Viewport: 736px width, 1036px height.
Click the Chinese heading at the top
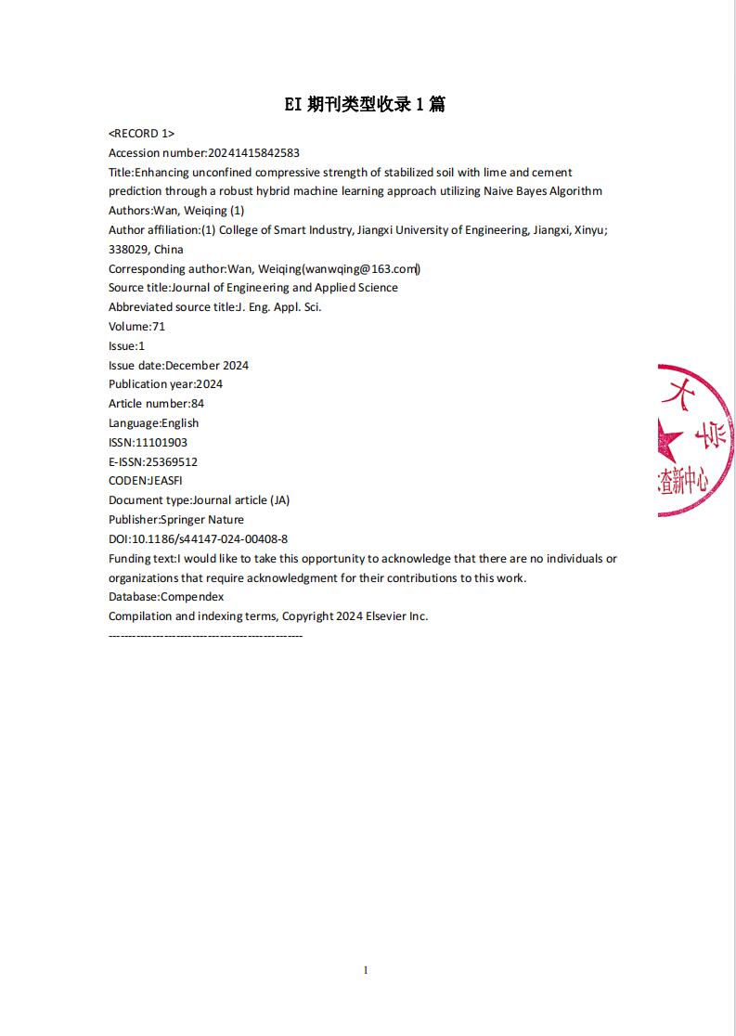click(x=365, y=105)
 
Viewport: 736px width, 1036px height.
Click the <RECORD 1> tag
click(x=141, y=134)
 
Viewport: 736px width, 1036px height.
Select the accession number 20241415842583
click(x=253, y=153)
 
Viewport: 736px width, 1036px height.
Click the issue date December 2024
click(x=207, y=366)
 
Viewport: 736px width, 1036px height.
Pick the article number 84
click(x=198, y=404)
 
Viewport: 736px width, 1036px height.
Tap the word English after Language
click(x=180, y=423)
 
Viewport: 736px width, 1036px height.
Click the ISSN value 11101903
click(x=161, y=443)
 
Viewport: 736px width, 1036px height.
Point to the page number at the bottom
click(x=366, y=970)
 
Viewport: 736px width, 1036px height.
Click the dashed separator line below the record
click(x=205, y=636)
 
